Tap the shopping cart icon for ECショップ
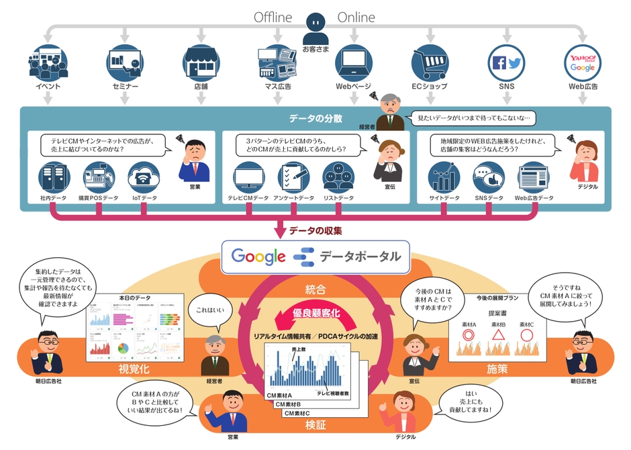point(429,63)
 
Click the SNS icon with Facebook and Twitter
point(506,63)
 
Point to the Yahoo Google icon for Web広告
point(582,63)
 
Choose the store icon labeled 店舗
point(201,63)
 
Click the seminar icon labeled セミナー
point(125,63)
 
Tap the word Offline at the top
point(273,17)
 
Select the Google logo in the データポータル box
point(258,256)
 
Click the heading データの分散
point(315,119)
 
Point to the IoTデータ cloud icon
point(144,177)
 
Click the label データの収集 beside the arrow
point(315,231)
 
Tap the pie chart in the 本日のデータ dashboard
point(123,349)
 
